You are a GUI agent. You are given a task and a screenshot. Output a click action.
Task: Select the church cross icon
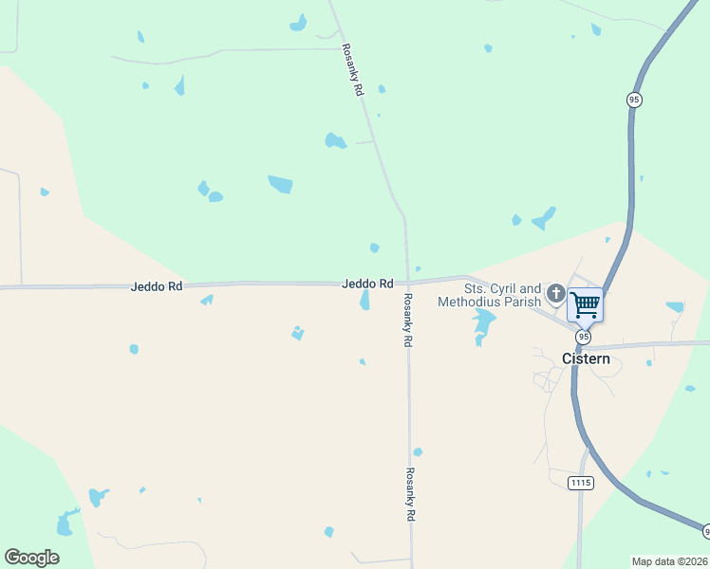click(x=555, y=293)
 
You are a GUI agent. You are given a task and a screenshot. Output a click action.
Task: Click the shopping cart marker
click(x=586, y=305)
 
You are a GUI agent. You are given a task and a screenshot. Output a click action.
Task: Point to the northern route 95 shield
click(x=634, y=100)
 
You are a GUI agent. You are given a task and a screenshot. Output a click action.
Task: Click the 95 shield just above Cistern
click(x=583, y=337)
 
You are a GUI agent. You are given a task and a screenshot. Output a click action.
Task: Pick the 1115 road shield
click(x=581, y=483)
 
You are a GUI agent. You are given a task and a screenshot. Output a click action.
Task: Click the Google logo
click(x=31, y=558)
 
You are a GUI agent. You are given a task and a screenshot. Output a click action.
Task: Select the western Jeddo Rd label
click(x=157, y=285)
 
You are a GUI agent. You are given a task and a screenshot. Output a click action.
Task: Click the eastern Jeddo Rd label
click(x=367, y=284)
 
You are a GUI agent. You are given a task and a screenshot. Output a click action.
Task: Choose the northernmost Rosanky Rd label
click(x=353, y=71)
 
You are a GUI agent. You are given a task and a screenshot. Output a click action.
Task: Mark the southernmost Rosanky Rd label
click(x=411, y=494)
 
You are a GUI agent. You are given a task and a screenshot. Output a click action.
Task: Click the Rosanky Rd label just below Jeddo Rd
click(x=408, y=320)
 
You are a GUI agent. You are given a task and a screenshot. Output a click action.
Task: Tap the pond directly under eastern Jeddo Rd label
click(x=365, y=301)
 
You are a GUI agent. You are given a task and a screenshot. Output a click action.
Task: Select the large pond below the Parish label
click(x=484, y=324)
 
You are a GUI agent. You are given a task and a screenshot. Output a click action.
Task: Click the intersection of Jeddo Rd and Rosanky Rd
click(x=408, y=283)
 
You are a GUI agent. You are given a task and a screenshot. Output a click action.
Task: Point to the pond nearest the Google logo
click(x=65, y=523)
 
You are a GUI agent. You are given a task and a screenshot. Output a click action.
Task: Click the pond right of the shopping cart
click(x=675, y=307)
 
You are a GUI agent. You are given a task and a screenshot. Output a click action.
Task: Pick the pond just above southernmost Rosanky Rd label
click(x=418, y=452)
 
